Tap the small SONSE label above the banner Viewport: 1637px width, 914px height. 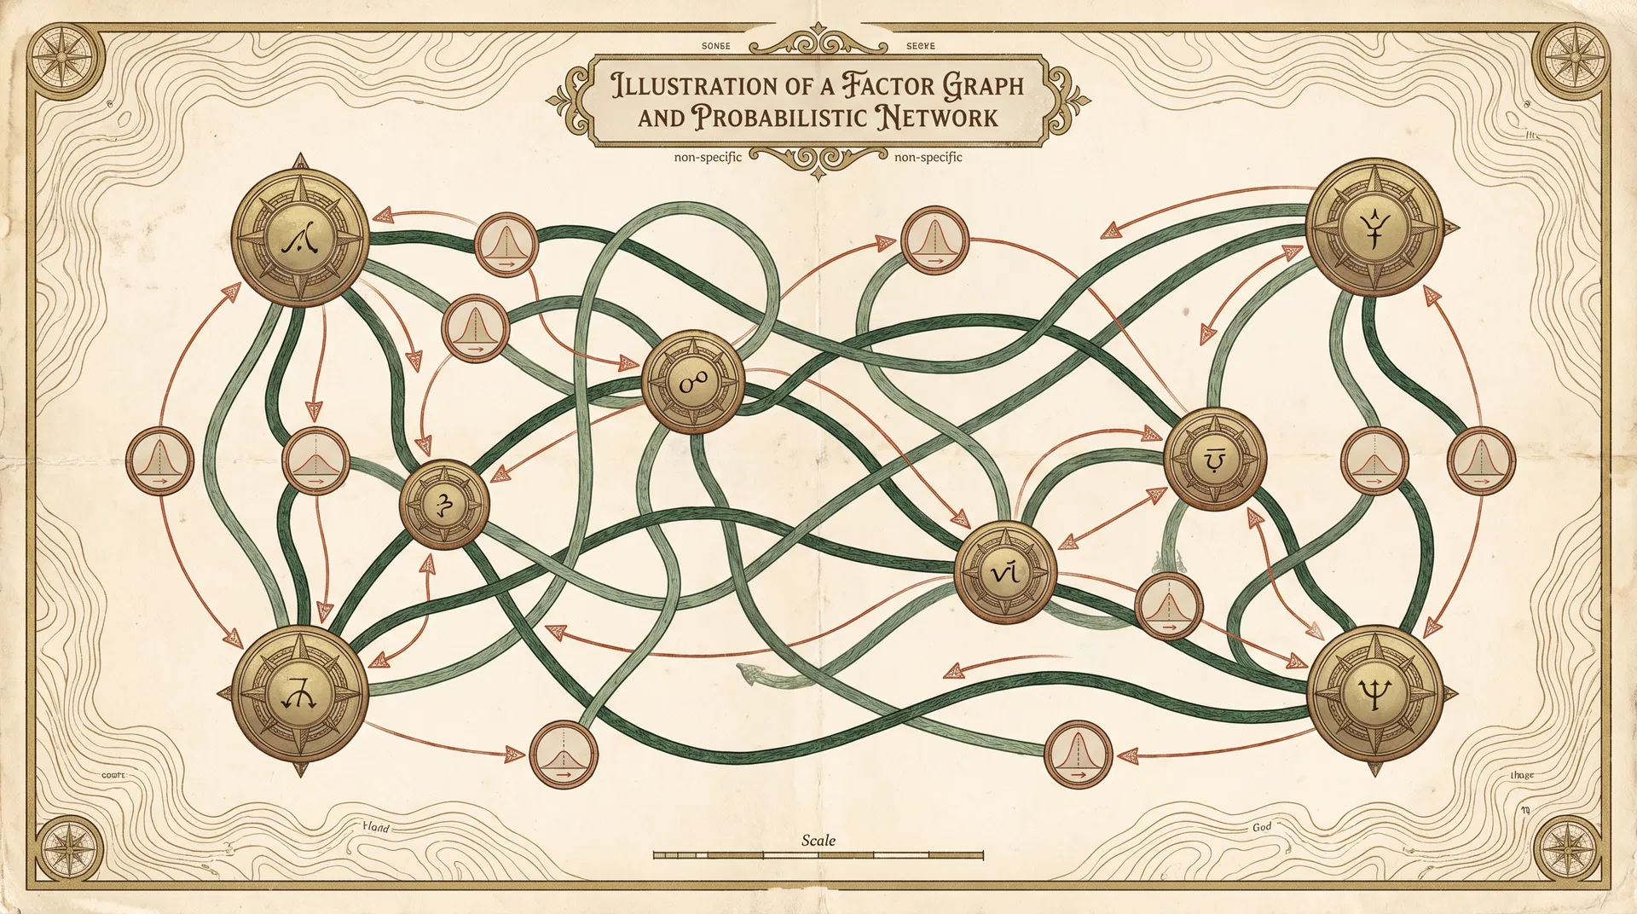(715, 46)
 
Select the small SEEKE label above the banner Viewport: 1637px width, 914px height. (920, 46)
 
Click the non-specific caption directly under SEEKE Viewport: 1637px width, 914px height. (928, 157)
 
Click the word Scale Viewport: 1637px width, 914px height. (818, 841)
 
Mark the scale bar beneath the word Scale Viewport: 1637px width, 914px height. (818, 854)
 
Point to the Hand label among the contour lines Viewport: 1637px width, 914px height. (376, 826)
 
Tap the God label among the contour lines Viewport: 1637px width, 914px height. (1262, 827)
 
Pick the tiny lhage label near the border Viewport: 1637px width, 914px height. (1522, 775)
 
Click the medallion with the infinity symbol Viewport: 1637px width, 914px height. (693, 383)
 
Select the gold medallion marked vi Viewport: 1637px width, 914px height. (1005, 570)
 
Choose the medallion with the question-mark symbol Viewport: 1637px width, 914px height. (444, 505)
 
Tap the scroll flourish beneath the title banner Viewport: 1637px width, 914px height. (818, 159)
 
